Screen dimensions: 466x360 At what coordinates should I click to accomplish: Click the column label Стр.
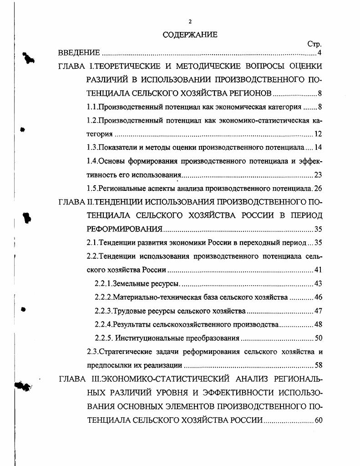pos(314,45)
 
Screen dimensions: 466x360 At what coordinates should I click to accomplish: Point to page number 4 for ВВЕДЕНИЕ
pos(320,54)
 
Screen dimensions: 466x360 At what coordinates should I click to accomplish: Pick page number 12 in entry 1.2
pos(318,134)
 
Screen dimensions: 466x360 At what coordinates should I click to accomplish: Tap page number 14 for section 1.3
pos(318,148)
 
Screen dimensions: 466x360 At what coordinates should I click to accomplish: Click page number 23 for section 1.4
pos(318,175)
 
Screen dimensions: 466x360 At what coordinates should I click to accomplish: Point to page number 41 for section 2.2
pos(318,270)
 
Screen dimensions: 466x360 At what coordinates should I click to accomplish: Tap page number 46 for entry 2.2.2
pos(318,297)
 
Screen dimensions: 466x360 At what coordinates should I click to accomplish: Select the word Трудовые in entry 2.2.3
pos(128,311)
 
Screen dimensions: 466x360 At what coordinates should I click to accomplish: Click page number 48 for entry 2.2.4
pos(318,324)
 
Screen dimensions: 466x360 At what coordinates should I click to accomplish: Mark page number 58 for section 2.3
pos(318,365)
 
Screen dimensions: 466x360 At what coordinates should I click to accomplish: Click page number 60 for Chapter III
pos(318,420)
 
